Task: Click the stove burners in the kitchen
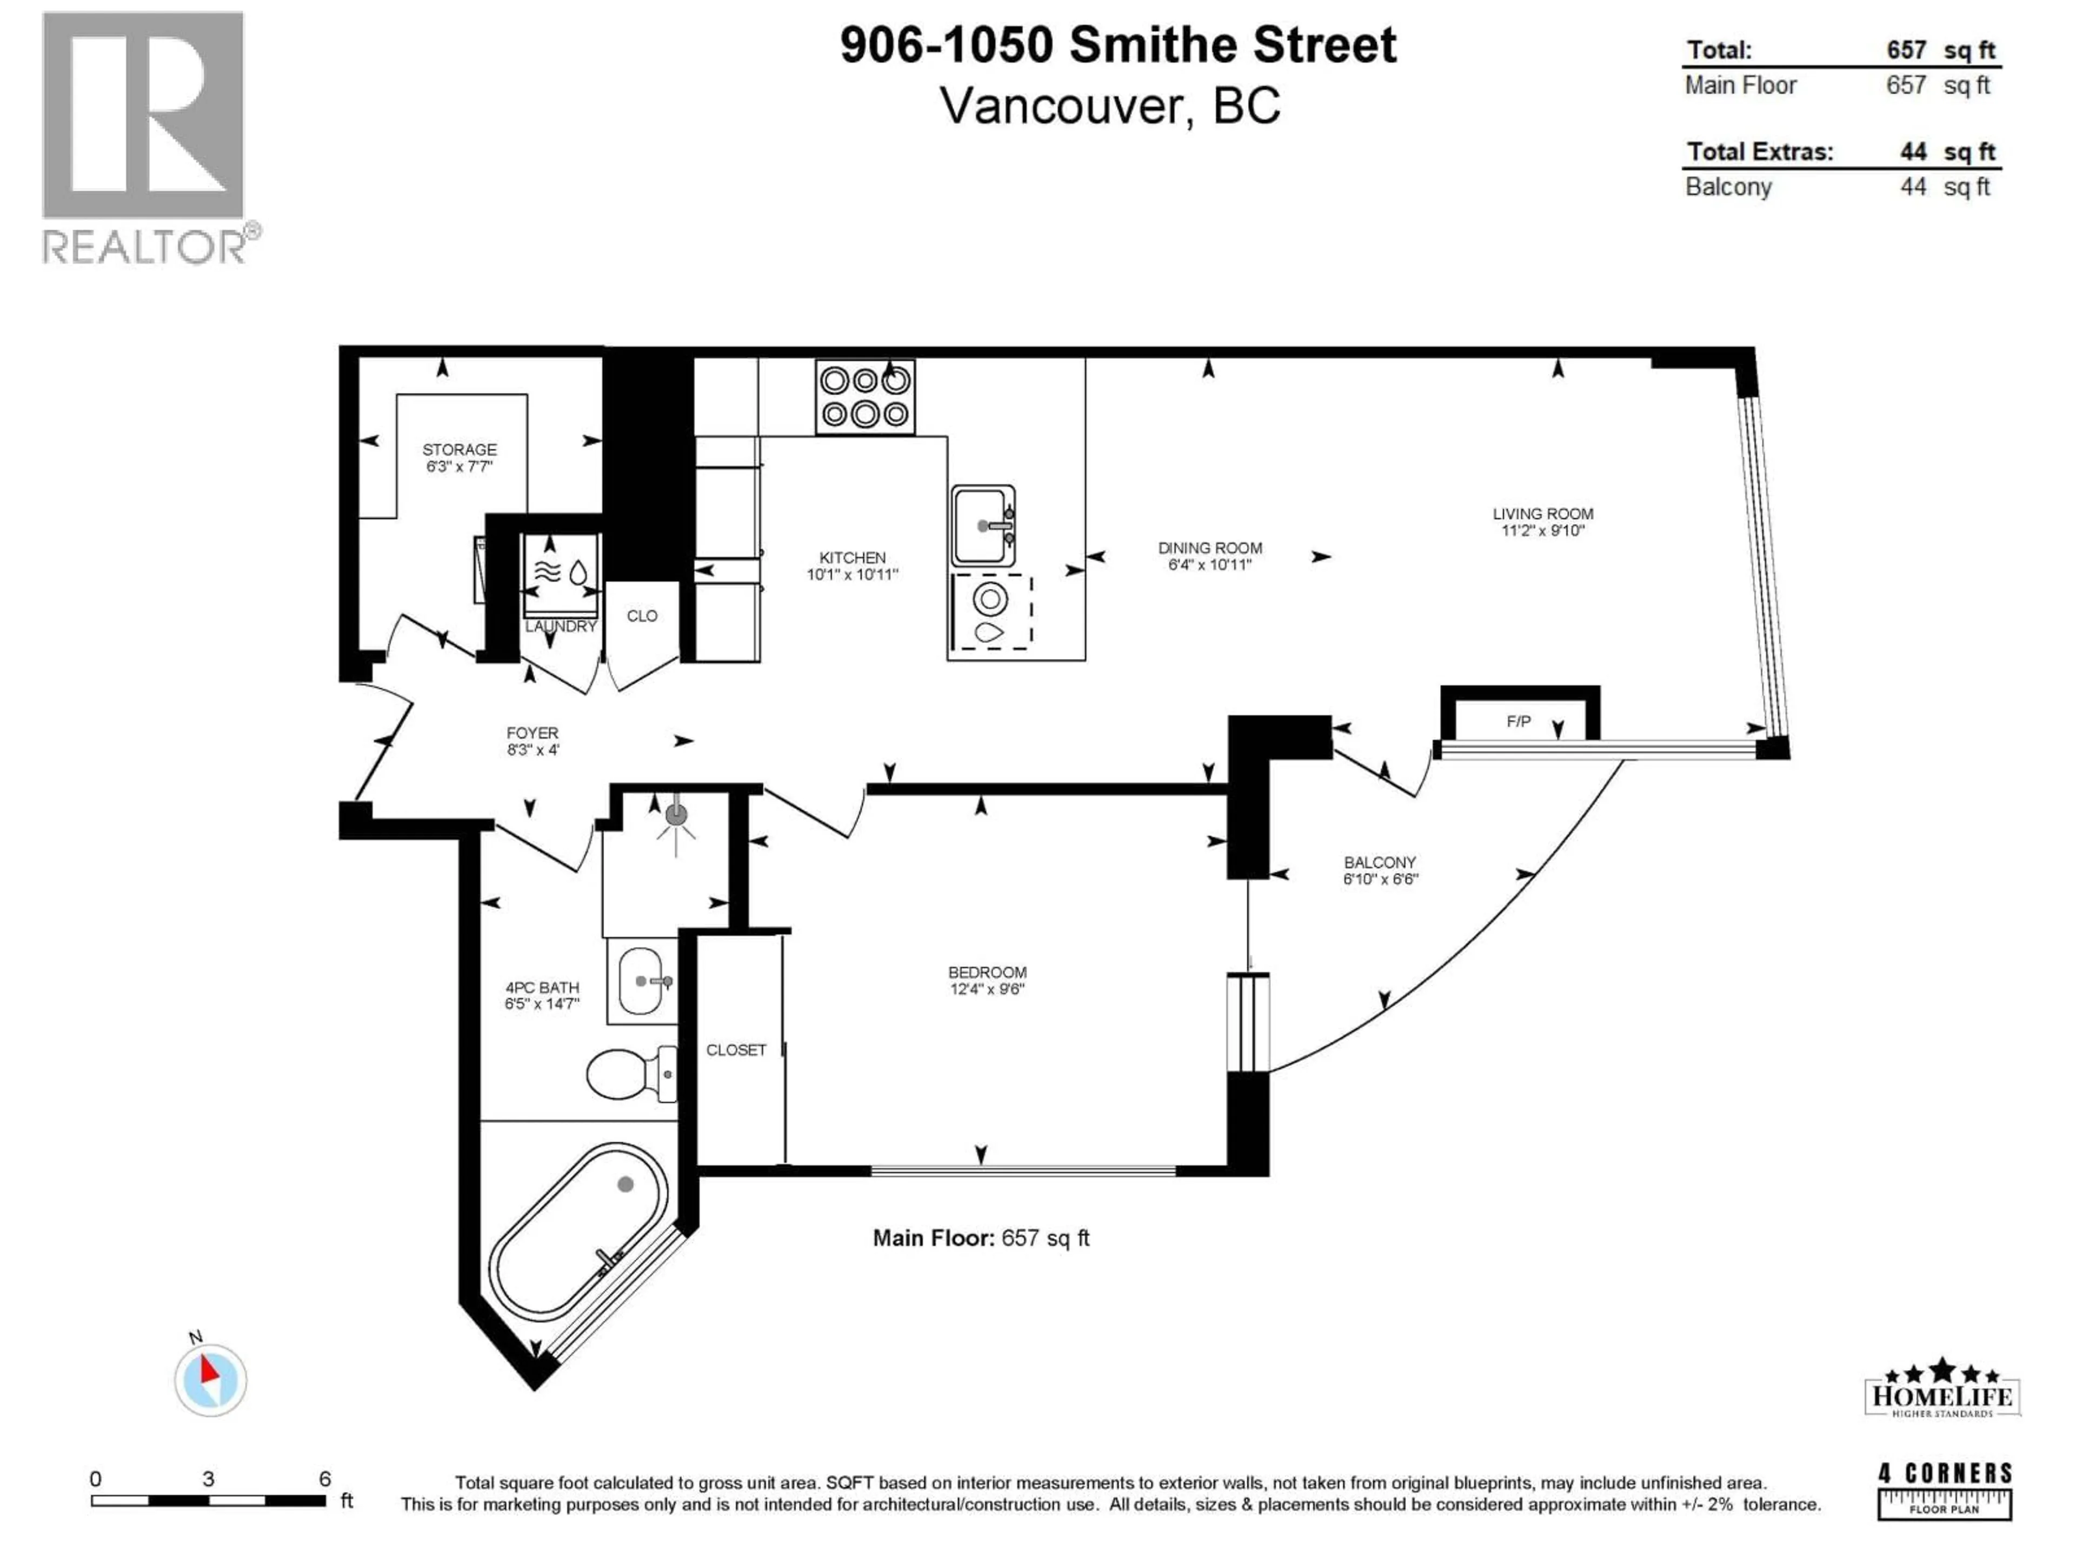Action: [x=864, y=397]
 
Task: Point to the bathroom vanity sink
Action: [x=641, y=981]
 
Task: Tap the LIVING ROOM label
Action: [x=1542, y=514]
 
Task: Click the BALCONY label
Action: [x=1379, y=862]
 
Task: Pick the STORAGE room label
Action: [x=459, y=450]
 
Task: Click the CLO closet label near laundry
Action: [x=642, y=616]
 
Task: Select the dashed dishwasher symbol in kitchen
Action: [x=991, y=612]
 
